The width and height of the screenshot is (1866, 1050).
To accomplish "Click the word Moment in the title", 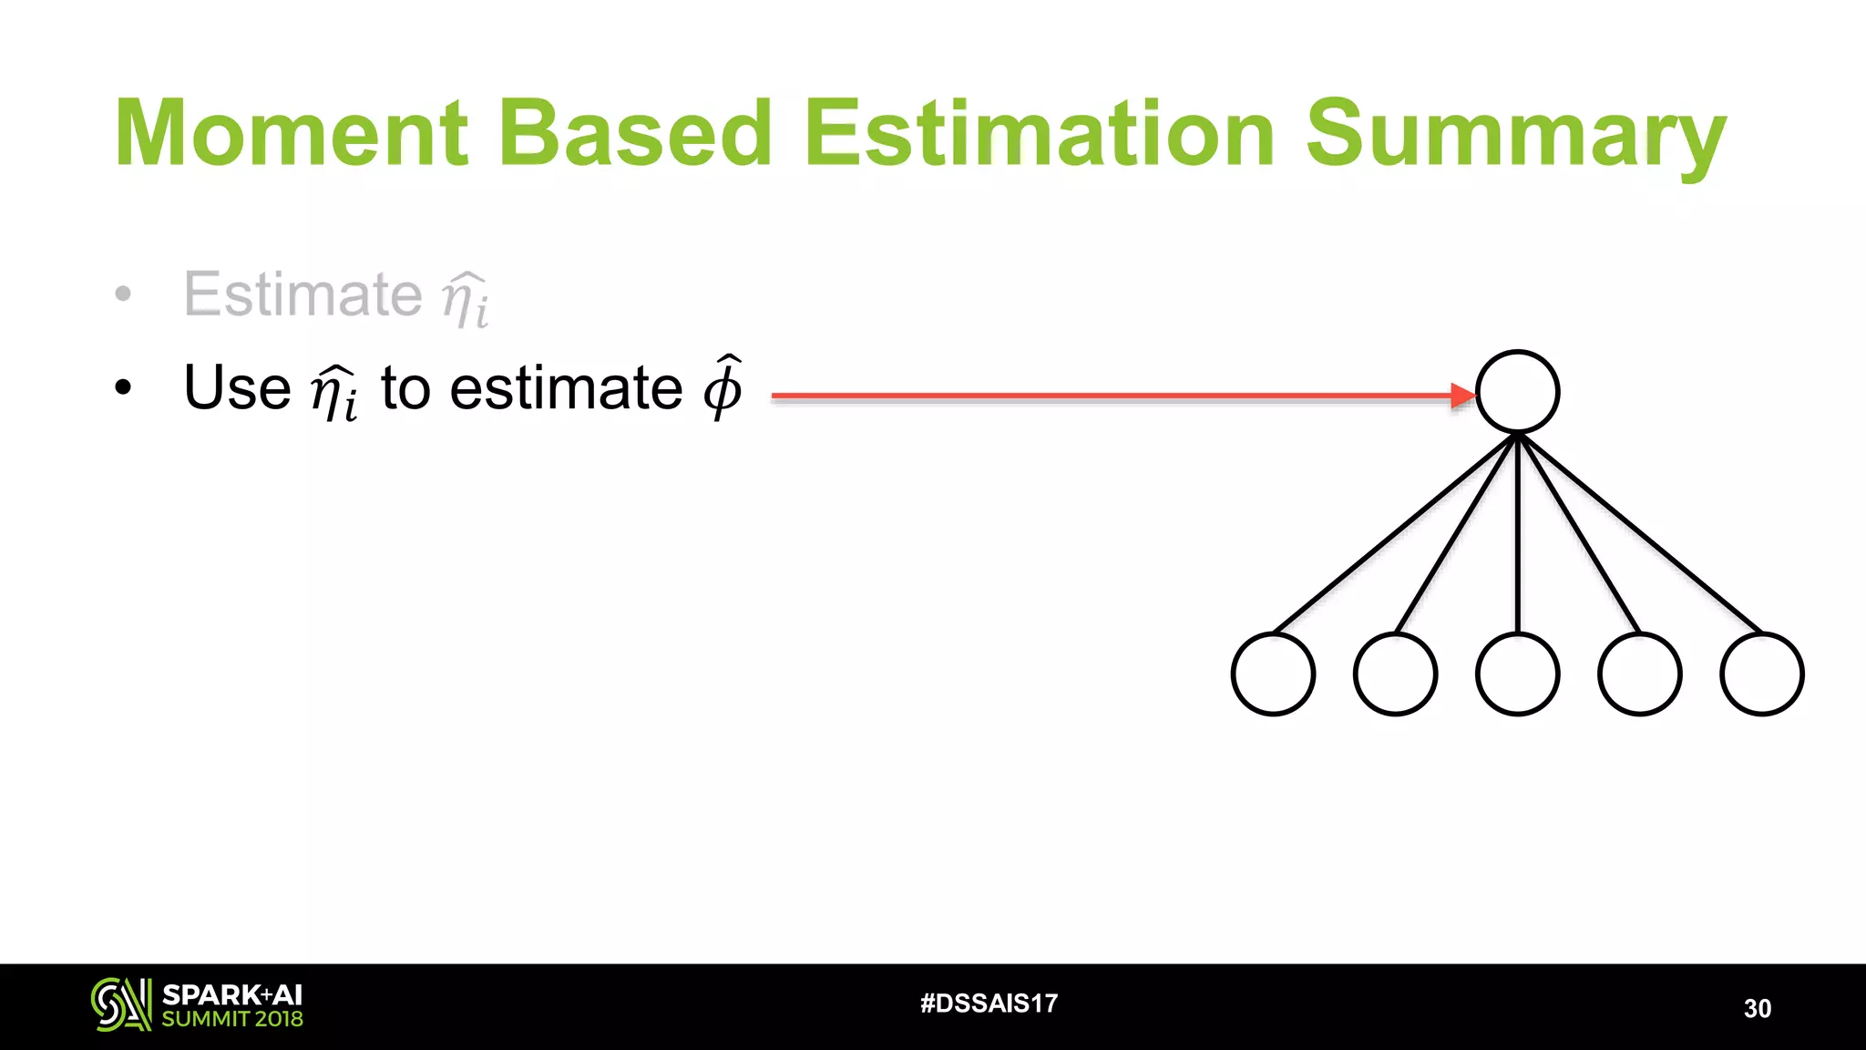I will coord(292,134).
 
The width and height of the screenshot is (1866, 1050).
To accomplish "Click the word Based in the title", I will coord(635,134).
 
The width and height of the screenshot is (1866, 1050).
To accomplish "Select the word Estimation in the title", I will coord(1039,134).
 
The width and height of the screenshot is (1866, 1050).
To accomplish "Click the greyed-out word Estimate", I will coord(302,294).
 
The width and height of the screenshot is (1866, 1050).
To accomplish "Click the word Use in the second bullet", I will coord(237,388).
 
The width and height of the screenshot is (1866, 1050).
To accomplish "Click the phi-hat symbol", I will coord(723,386).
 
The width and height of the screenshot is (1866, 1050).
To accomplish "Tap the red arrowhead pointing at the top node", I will coord(1462,396).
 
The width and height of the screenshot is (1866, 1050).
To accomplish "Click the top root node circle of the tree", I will coord(1517,392).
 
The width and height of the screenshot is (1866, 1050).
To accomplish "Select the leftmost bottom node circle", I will coord(1273,674).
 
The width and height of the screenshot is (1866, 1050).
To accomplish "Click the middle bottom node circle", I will coord(1517,674).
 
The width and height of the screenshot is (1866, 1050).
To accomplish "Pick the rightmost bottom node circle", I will coord(1761,674).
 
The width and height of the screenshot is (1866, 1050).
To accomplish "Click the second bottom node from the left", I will coord(1395,674).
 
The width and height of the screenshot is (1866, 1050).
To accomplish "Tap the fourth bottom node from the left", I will coord(1639,674).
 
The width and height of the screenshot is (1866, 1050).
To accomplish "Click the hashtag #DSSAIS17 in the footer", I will coord(989,1004).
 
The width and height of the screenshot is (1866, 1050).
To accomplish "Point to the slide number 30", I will coord(1757,1008).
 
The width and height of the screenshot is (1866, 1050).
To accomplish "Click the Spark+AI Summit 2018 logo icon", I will coord(120,1004).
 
